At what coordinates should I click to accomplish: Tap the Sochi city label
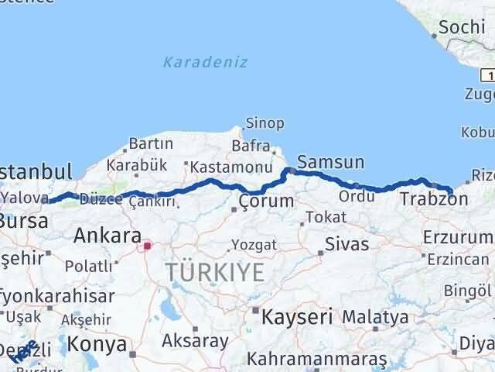tap(461, 28)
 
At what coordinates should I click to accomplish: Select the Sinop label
tap(265, 122)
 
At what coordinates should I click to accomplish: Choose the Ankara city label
tap(107, 236)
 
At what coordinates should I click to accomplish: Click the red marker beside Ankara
tap(147, 246)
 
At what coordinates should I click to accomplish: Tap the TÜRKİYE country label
tap(214, 272)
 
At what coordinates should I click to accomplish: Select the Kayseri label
tap(297, 316)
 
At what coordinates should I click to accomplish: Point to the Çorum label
tap(266, 201)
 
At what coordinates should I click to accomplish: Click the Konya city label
tap(97, 343)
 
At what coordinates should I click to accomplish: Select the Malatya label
tap(375, 316)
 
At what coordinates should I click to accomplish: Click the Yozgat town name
tap(254, 245)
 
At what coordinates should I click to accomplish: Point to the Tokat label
tap(325, 217)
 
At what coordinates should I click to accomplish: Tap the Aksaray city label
tap(195, 340)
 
